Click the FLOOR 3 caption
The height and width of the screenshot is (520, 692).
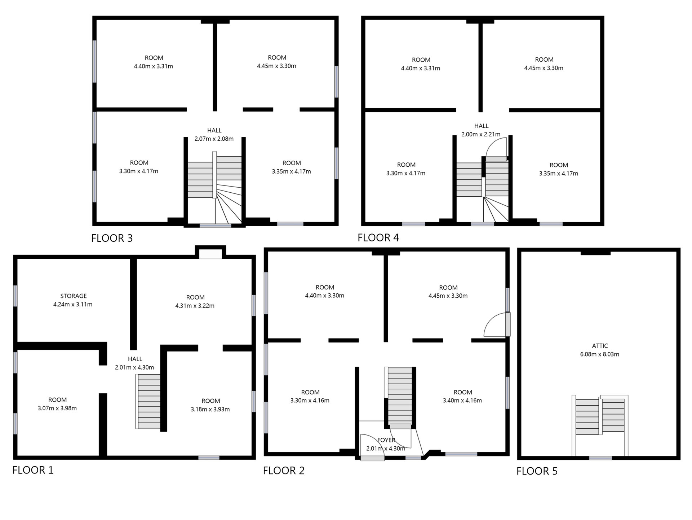tap(112, 238)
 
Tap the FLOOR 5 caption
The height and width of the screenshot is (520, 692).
tap(537, 471)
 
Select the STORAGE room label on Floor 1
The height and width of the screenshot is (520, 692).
tap(74, 296)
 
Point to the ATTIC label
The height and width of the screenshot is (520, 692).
tap(600, 346)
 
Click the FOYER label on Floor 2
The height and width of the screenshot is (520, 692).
tap(386, 440)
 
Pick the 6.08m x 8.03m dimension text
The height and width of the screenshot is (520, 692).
tap(600, 354)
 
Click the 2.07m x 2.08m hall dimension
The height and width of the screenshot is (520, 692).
tap(214, 139)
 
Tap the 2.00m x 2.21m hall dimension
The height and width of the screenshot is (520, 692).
tap(481, 135)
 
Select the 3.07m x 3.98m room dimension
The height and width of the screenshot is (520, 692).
tap(57, 408)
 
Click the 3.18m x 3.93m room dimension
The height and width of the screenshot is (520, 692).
tap(210, 410)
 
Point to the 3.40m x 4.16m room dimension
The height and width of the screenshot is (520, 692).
tap(462, 401)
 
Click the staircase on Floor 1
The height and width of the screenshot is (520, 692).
tap(148, 401)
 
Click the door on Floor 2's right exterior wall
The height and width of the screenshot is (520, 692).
tap(508, 324)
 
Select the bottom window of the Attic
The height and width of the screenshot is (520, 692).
tap(600, 458)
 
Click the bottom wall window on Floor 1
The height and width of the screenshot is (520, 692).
tap(209, 458)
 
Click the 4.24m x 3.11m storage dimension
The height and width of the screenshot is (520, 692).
tap(73, 305)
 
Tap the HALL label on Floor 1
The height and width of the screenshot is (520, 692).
tap(135, 359)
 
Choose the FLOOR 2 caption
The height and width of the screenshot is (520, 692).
tap(284, 471)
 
